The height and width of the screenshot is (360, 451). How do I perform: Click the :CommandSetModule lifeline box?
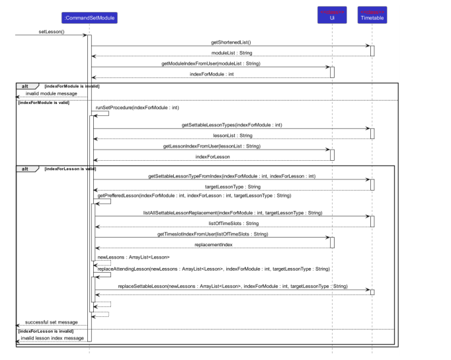(90, 17)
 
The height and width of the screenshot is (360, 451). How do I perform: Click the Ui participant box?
(331, 15)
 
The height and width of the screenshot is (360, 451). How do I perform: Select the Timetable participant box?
(372, 15)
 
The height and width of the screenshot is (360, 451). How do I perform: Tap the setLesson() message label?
(52, 31)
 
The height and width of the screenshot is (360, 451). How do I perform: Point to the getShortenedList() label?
(231, 42)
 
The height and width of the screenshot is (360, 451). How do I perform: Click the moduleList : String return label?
(231, 52)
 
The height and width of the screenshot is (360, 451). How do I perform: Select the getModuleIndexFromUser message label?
(211, 64)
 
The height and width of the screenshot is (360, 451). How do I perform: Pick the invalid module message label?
(51, 94)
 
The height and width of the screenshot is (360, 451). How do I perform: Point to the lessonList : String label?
(231, 135)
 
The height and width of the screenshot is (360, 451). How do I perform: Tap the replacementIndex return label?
(213, 244)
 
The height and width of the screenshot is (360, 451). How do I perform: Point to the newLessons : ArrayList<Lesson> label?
(134, 257)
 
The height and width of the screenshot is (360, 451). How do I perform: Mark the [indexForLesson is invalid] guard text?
(44, 330)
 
